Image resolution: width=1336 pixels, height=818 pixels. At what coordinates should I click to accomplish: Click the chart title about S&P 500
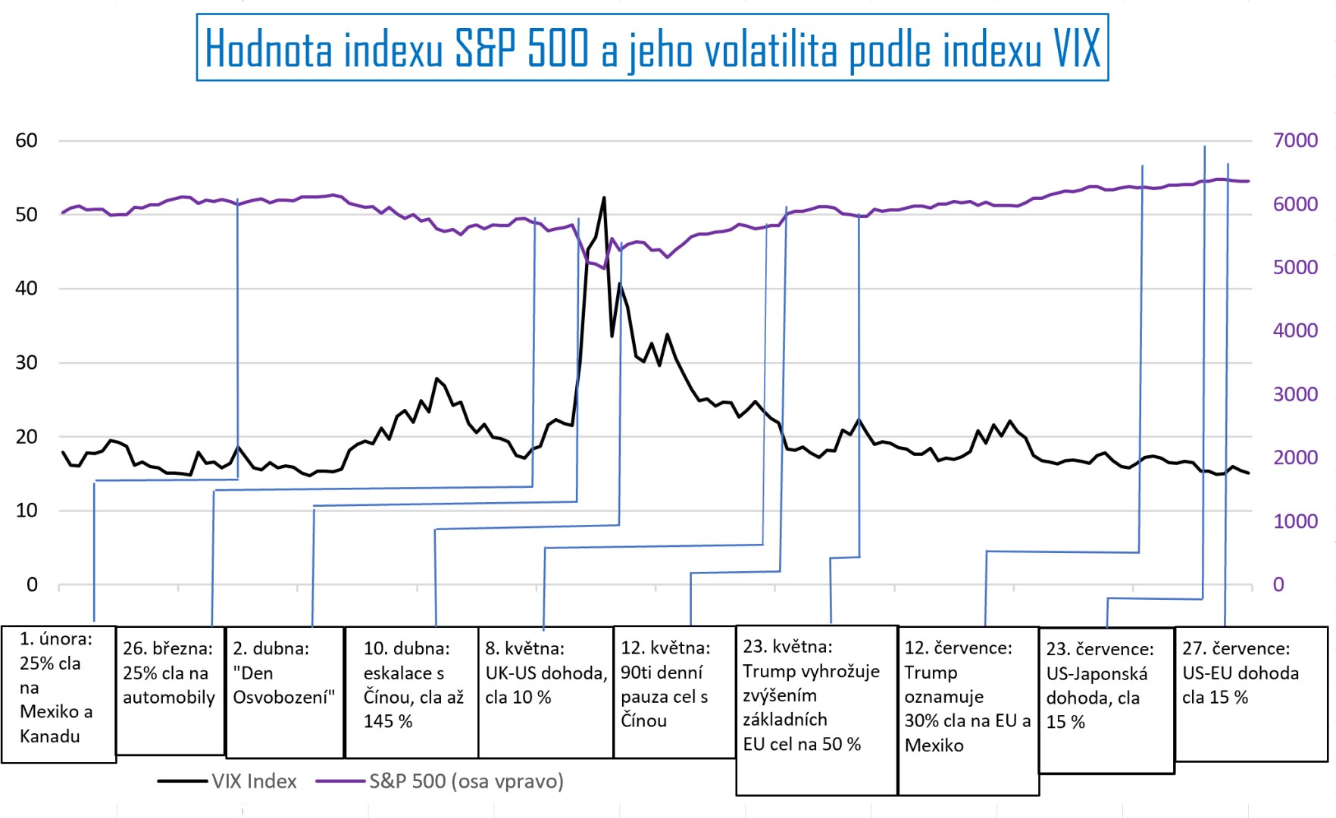pyautogui.click(x=652, y=48)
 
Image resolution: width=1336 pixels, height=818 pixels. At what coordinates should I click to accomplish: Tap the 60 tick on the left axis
pyautogui.click(x=27, y=140)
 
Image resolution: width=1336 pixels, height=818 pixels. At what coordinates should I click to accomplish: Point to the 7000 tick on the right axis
pyautogui.click(x=1295, y=140)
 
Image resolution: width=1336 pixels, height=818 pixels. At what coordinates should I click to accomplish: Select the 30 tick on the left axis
pyautogui.click(x=27, y=362)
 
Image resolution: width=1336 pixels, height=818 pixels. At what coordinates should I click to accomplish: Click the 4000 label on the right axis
pyautogui.click(x=1295, y=330)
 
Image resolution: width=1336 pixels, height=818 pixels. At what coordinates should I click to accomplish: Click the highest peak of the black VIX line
pyautogui.click(x=604, y=198)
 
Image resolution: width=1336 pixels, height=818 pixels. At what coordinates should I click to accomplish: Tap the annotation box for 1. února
pyautogui.click(x=58, y=693)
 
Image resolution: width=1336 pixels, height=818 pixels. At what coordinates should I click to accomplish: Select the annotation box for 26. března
pyautogui.click(x=170, y=689)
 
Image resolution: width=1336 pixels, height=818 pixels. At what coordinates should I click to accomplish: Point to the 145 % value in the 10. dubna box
pyautogui.click(x=388, y=721)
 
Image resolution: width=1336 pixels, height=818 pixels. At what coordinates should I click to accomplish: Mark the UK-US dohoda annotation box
pyautogui.click(x=546, y=691)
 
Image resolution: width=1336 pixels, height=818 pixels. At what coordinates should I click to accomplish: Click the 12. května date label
pyautogui.click(x=665, y=648)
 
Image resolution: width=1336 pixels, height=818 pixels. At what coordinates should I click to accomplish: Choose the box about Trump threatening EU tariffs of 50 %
pyautogui.click(x=816, y=709)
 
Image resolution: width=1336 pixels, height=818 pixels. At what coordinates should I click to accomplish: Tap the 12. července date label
pyautogui.click(x=958, y=648)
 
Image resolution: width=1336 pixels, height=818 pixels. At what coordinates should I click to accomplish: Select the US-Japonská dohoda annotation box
pyautogui.click(x=1106, y=700)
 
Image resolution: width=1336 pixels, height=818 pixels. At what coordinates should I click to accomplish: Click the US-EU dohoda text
pyautogui.click(x=1241, y=673)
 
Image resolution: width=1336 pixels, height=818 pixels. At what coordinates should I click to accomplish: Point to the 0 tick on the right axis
pyautogui.click(x=1278, y=584)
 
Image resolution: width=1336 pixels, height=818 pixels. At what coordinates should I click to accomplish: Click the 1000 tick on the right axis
pyautogui.click(x=1295, y=521)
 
